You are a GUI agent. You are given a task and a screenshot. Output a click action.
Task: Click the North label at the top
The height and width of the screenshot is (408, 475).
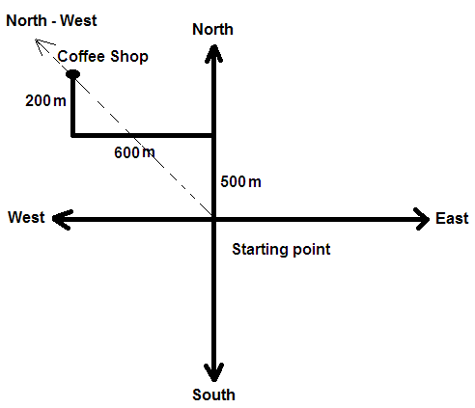coord(212,29)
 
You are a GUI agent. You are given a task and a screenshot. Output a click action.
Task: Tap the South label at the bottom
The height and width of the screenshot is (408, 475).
coord(213,394)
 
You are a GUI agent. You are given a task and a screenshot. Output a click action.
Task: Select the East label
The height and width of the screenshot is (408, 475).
coord(452,218)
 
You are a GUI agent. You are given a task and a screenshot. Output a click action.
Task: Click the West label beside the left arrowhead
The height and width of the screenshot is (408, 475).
coord(26,217)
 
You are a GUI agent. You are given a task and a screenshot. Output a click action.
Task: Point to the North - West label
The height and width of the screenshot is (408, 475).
coord(51,20)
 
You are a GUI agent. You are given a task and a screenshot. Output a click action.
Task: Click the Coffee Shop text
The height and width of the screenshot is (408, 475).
coord(102,57)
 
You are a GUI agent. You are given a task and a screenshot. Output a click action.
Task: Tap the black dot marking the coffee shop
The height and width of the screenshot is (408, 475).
coord(72,74)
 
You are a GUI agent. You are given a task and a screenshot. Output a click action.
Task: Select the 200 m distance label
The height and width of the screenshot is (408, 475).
coord(45,100)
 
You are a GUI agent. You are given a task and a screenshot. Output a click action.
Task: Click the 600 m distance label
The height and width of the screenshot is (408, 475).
coord(134,152)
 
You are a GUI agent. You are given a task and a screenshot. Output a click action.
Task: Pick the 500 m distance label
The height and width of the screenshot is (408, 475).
coord(240,181)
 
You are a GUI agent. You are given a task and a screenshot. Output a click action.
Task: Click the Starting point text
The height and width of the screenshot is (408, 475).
coord(281,250)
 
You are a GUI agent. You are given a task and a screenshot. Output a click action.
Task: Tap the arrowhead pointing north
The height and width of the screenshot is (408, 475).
coord(214,53)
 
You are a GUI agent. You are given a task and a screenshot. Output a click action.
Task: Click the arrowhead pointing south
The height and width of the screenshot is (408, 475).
coord(214,372)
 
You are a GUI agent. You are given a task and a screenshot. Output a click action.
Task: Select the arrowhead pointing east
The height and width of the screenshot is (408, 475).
coord(422,219)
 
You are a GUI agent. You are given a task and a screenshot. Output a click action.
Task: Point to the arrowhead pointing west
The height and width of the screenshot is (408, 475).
coord(62,219)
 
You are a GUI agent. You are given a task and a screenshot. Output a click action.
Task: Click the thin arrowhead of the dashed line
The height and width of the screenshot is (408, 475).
coord(42,45)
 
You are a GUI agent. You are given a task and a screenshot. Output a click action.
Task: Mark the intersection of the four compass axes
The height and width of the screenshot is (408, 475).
coord(214,219)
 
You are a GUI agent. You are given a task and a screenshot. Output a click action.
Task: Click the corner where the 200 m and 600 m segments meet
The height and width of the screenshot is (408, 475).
coord(73,135)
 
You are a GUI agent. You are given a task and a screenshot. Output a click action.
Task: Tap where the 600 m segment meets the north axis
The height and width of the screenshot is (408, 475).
coord(214,135)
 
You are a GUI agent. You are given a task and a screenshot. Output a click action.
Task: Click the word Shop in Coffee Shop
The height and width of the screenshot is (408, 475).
coord(129,57)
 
